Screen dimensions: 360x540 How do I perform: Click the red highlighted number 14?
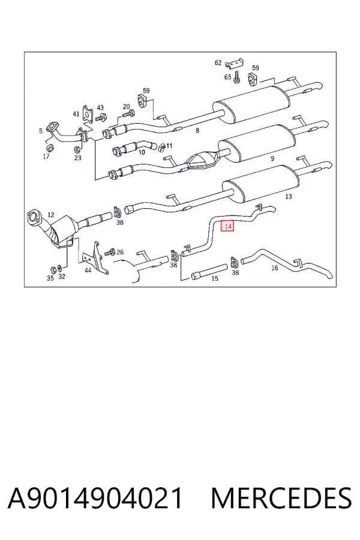pos(227,226)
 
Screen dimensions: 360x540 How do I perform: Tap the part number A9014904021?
pos(95,498)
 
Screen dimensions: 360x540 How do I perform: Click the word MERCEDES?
pos(281,498)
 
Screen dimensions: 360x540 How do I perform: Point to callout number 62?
pos(218,62)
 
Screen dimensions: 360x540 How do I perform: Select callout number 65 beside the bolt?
pos(228,77)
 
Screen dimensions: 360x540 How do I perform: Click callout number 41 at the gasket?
pos(76,113)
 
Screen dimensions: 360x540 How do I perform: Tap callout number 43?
pos(100,108)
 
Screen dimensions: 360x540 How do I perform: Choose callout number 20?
pos(127,106)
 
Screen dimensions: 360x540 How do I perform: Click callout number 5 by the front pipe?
pos(41,131)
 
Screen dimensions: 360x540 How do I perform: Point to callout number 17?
pos(46,157)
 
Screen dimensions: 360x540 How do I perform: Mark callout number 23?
pos(78,158)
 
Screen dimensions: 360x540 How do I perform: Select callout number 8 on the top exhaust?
pos(197,131)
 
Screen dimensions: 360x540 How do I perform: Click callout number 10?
pos(142,152)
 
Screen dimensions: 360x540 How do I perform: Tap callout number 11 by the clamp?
pos(169,146)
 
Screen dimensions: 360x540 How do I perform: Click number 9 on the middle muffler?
pos(272,158)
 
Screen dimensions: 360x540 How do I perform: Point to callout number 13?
pos(289,196)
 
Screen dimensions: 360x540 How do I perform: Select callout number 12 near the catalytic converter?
pos(50,215)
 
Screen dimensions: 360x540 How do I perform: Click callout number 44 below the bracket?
pos(88,271)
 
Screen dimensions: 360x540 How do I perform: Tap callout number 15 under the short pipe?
pos(215,278)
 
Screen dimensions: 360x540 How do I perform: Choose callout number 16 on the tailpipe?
pos(274,268)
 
